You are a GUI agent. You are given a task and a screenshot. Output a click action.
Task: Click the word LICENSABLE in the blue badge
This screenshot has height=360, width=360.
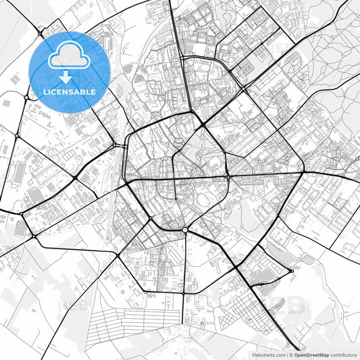(x=70, y=91)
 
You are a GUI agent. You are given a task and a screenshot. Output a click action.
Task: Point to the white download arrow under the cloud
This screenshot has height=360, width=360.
(x=66, y=77)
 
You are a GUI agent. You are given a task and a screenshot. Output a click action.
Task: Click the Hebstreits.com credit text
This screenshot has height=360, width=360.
(x=268, y=354)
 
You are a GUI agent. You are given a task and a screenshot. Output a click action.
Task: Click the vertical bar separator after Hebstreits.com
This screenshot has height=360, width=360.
(x=285, y=354)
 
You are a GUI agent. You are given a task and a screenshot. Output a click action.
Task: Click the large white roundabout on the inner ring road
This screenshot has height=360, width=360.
(x=184, y=230)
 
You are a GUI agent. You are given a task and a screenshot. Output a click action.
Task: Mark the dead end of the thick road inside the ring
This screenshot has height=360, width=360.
(x=176, y=199)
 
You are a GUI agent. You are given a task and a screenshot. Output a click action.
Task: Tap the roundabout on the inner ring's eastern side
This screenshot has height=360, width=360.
(x=228, y=177)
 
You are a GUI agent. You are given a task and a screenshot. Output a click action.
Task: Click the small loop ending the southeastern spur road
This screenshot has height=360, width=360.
(x=291, y=272)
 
